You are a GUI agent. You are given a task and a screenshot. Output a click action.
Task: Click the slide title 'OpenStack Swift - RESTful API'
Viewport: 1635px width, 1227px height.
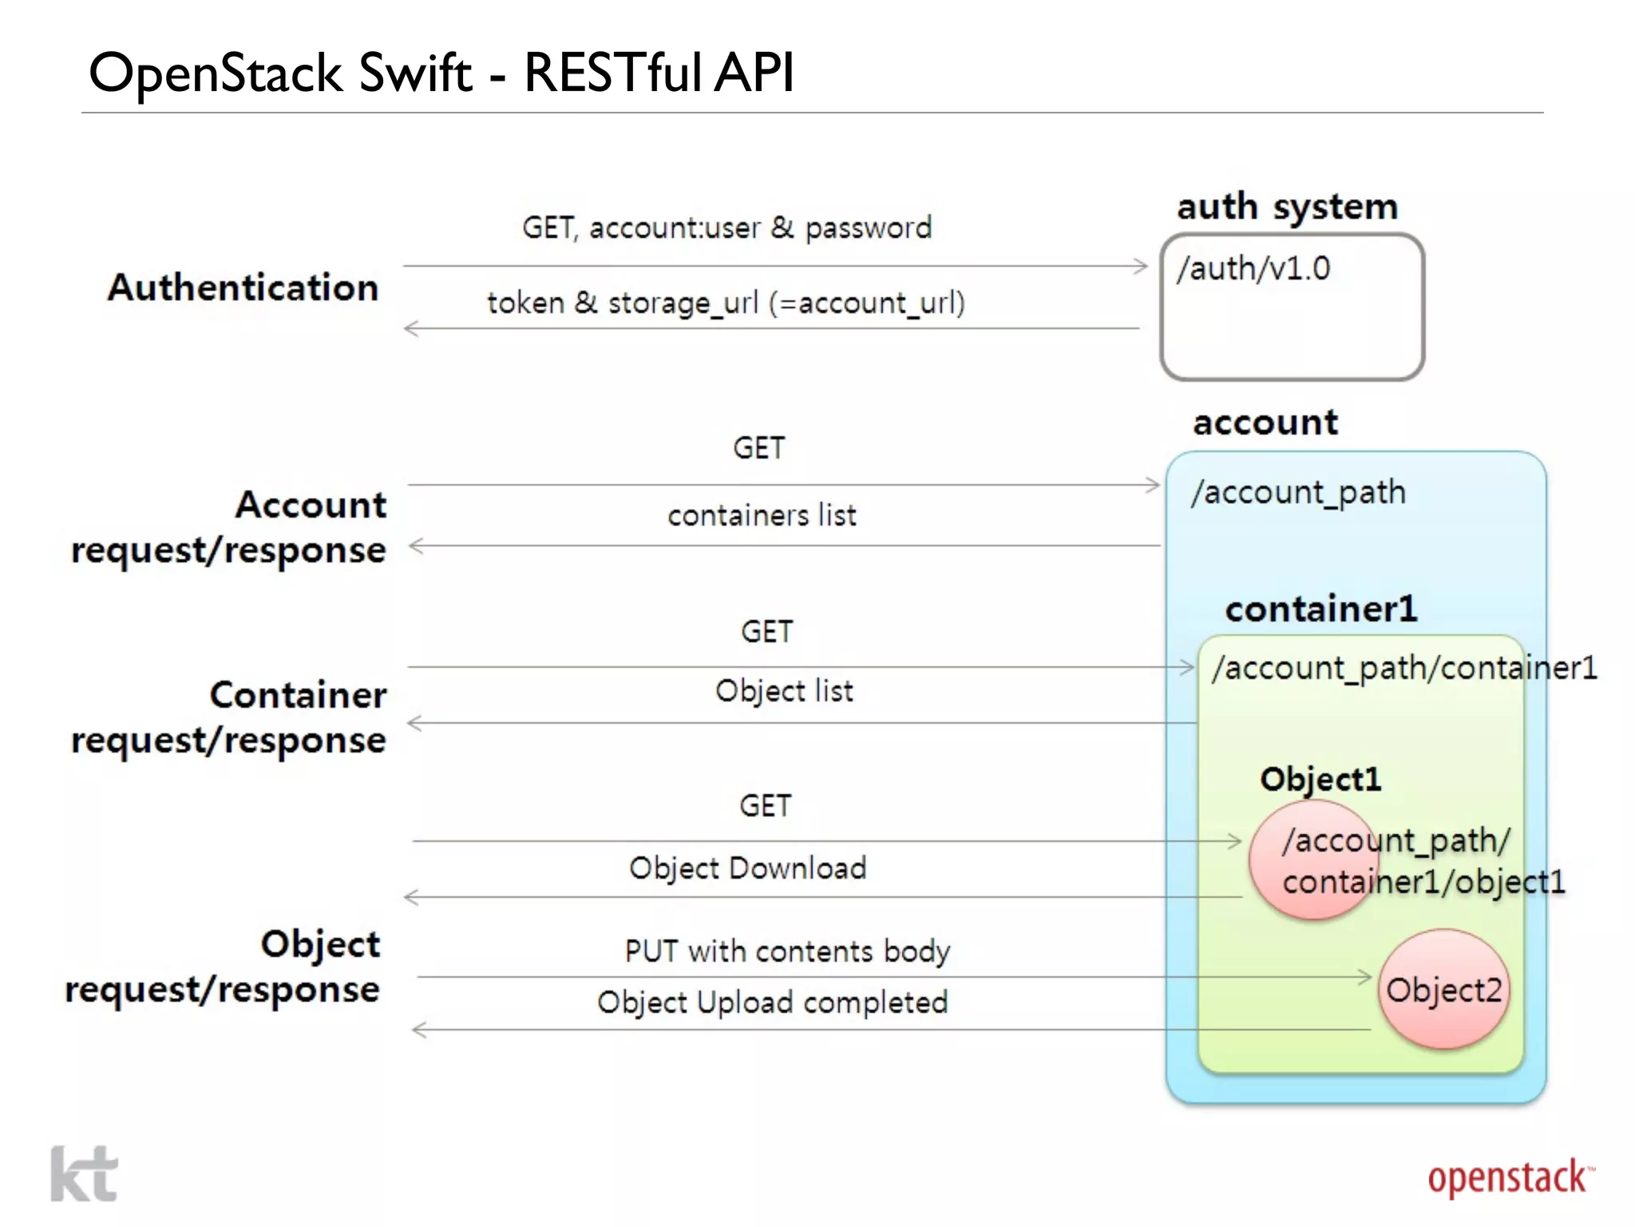[x=441, y=73]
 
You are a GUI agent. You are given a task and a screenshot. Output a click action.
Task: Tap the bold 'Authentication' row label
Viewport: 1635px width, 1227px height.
[x=243, y=288]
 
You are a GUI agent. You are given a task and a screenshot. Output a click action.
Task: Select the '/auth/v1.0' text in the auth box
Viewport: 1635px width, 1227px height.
[x=1253, y=269]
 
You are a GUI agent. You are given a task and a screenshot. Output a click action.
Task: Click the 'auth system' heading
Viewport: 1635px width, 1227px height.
[x=1287, y=207]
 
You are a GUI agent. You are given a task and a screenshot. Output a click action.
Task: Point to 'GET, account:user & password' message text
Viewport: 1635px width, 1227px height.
[x=726, y=228]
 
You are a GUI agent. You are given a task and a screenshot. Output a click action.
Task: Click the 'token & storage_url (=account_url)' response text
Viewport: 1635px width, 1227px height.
[x=726, y=304]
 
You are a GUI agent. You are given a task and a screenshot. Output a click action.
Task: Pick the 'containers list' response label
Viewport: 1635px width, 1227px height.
[x=762, y=516]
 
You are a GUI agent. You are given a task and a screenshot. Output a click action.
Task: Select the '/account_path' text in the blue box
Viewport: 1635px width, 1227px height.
[x=1298, y=493]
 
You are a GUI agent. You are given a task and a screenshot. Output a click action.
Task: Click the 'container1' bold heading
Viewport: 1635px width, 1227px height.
[x=1320, y=610]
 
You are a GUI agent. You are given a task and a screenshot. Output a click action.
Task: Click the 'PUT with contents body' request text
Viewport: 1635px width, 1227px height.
[x=787, y=952]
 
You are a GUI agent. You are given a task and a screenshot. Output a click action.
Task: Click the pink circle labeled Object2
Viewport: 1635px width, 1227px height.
[x=1443, y=991]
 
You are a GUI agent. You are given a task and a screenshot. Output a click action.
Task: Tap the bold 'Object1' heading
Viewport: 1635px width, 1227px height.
[x=1320, y=780]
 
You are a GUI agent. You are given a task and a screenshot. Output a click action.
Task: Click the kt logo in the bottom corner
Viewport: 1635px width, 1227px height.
[x=84, y=1174]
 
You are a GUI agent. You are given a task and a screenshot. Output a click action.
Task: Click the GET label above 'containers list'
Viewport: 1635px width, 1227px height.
[x=759, y=449]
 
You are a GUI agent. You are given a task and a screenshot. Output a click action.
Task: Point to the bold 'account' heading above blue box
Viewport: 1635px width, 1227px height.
[x=1265, y=423]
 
